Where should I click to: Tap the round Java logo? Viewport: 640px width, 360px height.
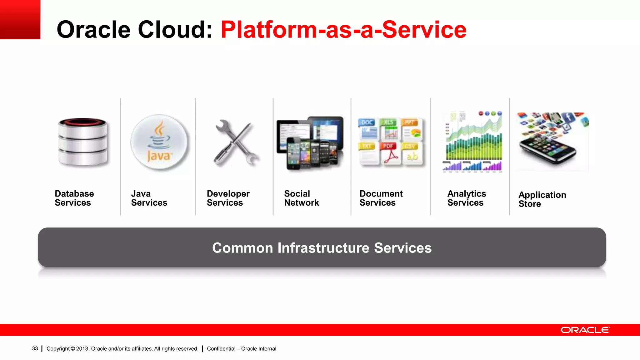tap(159, 142)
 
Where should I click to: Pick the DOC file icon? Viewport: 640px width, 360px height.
tap(368, 129)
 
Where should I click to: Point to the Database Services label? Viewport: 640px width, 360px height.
tap(74, 198)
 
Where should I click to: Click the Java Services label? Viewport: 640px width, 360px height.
tap(149, 198)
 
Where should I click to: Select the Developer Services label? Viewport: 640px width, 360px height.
tap(228, 198)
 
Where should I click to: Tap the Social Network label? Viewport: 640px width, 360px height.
tap(302, 198)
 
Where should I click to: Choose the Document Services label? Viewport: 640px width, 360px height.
tap(381, 198)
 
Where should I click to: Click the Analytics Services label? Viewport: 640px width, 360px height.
tap(467, 198)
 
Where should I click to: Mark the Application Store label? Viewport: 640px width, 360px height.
tap(542, 199)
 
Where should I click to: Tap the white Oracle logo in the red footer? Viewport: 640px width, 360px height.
tap(585, 330)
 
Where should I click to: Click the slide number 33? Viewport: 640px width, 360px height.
tap(35, 348)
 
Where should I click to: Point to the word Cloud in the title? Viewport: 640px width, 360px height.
tap(175, 30)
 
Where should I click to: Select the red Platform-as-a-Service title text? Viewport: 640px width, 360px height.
tap(343, 30)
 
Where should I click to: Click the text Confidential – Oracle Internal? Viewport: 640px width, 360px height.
tap(242, 348)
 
